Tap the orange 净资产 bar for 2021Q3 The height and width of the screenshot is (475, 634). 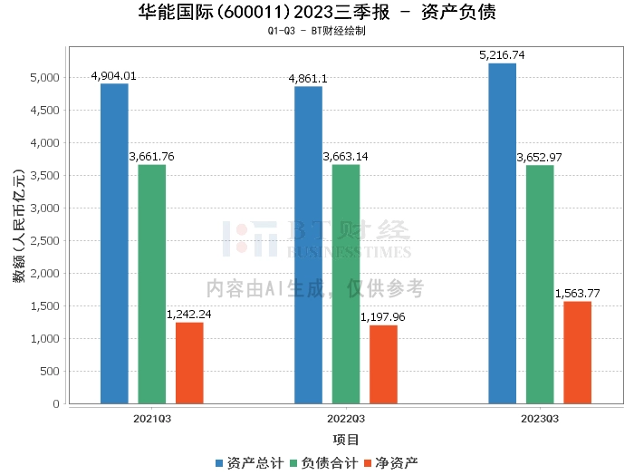(x=189, y=363)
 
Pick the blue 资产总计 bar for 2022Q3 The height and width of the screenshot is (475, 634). (x=308, y=245)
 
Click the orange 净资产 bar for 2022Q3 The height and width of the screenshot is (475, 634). (x=383, y=364)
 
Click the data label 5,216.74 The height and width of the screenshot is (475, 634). (x=502, y=56)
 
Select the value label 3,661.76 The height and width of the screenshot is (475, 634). (x=152, y=157)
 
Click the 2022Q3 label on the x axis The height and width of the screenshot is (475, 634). (x=346, y=419)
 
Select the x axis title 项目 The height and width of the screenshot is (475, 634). (x=346, y=440)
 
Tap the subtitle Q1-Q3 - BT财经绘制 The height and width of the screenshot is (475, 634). (x=316, y=31)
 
